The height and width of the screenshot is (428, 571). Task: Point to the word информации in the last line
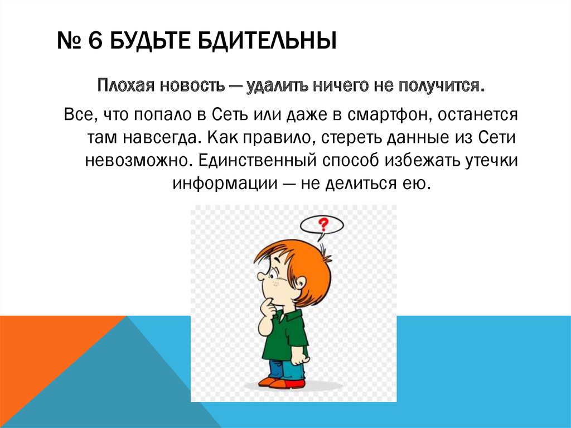click(225, 182)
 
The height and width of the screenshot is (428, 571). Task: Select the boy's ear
click(301, 281)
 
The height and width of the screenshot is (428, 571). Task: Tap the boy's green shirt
click(285, 336)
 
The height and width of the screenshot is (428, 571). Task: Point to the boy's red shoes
click(282, 382)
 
